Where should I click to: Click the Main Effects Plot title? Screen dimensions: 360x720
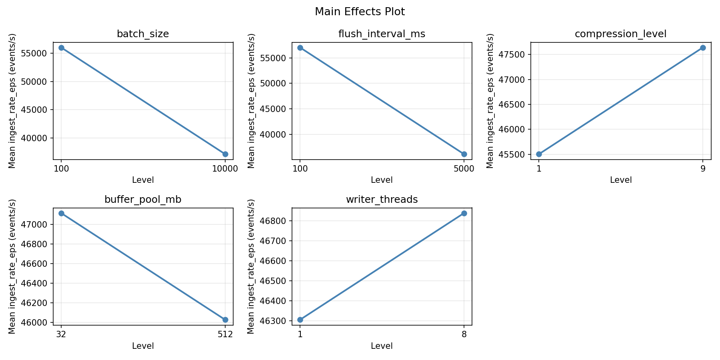click(360, 12)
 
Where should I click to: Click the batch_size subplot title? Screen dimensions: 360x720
click(143, 34)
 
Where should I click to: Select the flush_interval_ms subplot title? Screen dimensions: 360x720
click(382, 34)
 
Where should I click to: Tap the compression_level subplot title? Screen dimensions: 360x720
click(620, 34)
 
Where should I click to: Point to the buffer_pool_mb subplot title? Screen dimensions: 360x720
click(143, 200)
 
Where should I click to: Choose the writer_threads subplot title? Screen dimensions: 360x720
click(382, 200)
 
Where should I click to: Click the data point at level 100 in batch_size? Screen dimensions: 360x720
click(61, 48)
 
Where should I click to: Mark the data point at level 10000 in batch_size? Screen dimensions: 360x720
click(225, 154)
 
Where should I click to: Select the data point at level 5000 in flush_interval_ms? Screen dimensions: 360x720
click(464, 154)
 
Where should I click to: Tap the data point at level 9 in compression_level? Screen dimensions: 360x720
click(703, 48)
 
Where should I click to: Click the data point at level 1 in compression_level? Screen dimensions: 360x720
click(539, 154)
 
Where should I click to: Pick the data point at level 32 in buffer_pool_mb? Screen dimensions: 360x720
click(61, 213)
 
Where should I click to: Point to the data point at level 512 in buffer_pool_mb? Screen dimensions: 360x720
click(225, 320)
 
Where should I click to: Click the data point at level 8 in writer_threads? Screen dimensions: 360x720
click(464, 213)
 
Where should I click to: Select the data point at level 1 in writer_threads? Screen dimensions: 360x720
click(300, 320)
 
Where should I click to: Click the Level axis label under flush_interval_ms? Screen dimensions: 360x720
click(382, 180)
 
